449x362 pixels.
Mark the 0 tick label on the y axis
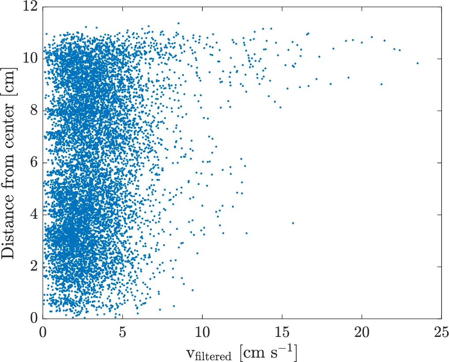(34, 318)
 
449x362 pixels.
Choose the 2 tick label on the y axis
(34, 266)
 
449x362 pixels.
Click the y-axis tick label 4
(34, 214)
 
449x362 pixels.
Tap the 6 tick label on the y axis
(34, 163)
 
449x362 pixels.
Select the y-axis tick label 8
(34, 111)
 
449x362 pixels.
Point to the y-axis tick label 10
(31, 59)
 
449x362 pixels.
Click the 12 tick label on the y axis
(31, 7)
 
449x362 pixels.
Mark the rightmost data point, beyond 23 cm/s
(417, 63)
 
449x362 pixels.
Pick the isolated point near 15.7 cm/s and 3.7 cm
(293, 223)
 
